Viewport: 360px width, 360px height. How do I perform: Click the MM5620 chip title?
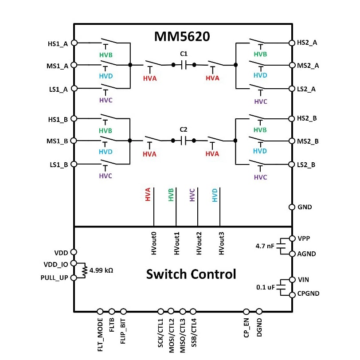click(x=182, y=36)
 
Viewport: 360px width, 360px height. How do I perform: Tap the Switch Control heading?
click(x=191, y=274)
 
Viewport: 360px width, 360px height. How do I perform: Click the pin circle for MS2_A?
click(x=292, y=65)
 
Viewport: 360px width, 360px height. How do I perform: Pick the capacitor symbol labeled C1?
click(x=184, y=65)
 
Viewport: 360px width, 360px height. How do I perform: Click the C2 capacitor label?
click(x=184, y=129)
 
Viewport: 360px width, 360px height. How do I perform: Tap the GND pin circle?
click(x=292, y=207)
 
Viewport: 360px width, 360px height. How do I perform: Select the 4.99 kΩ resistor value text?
click(x=101, y=270)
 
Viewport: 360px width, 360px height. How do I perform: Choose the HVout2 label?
click(x=199, y=243)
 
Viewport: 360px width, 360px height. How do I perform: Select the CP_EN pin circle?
click(x=247, y=312)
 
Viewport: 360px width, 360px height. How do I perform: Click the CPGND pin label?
click(x=309, y=293)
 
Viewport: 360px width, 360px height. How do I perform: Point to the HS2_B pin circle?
click(x=292, y=119)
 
